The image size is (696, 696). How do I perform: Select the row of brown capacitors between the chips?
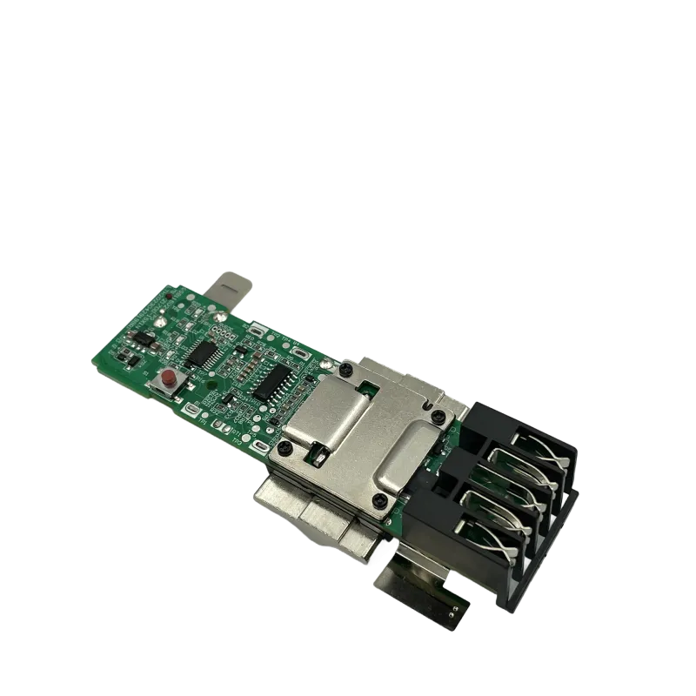click(246, 369)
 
